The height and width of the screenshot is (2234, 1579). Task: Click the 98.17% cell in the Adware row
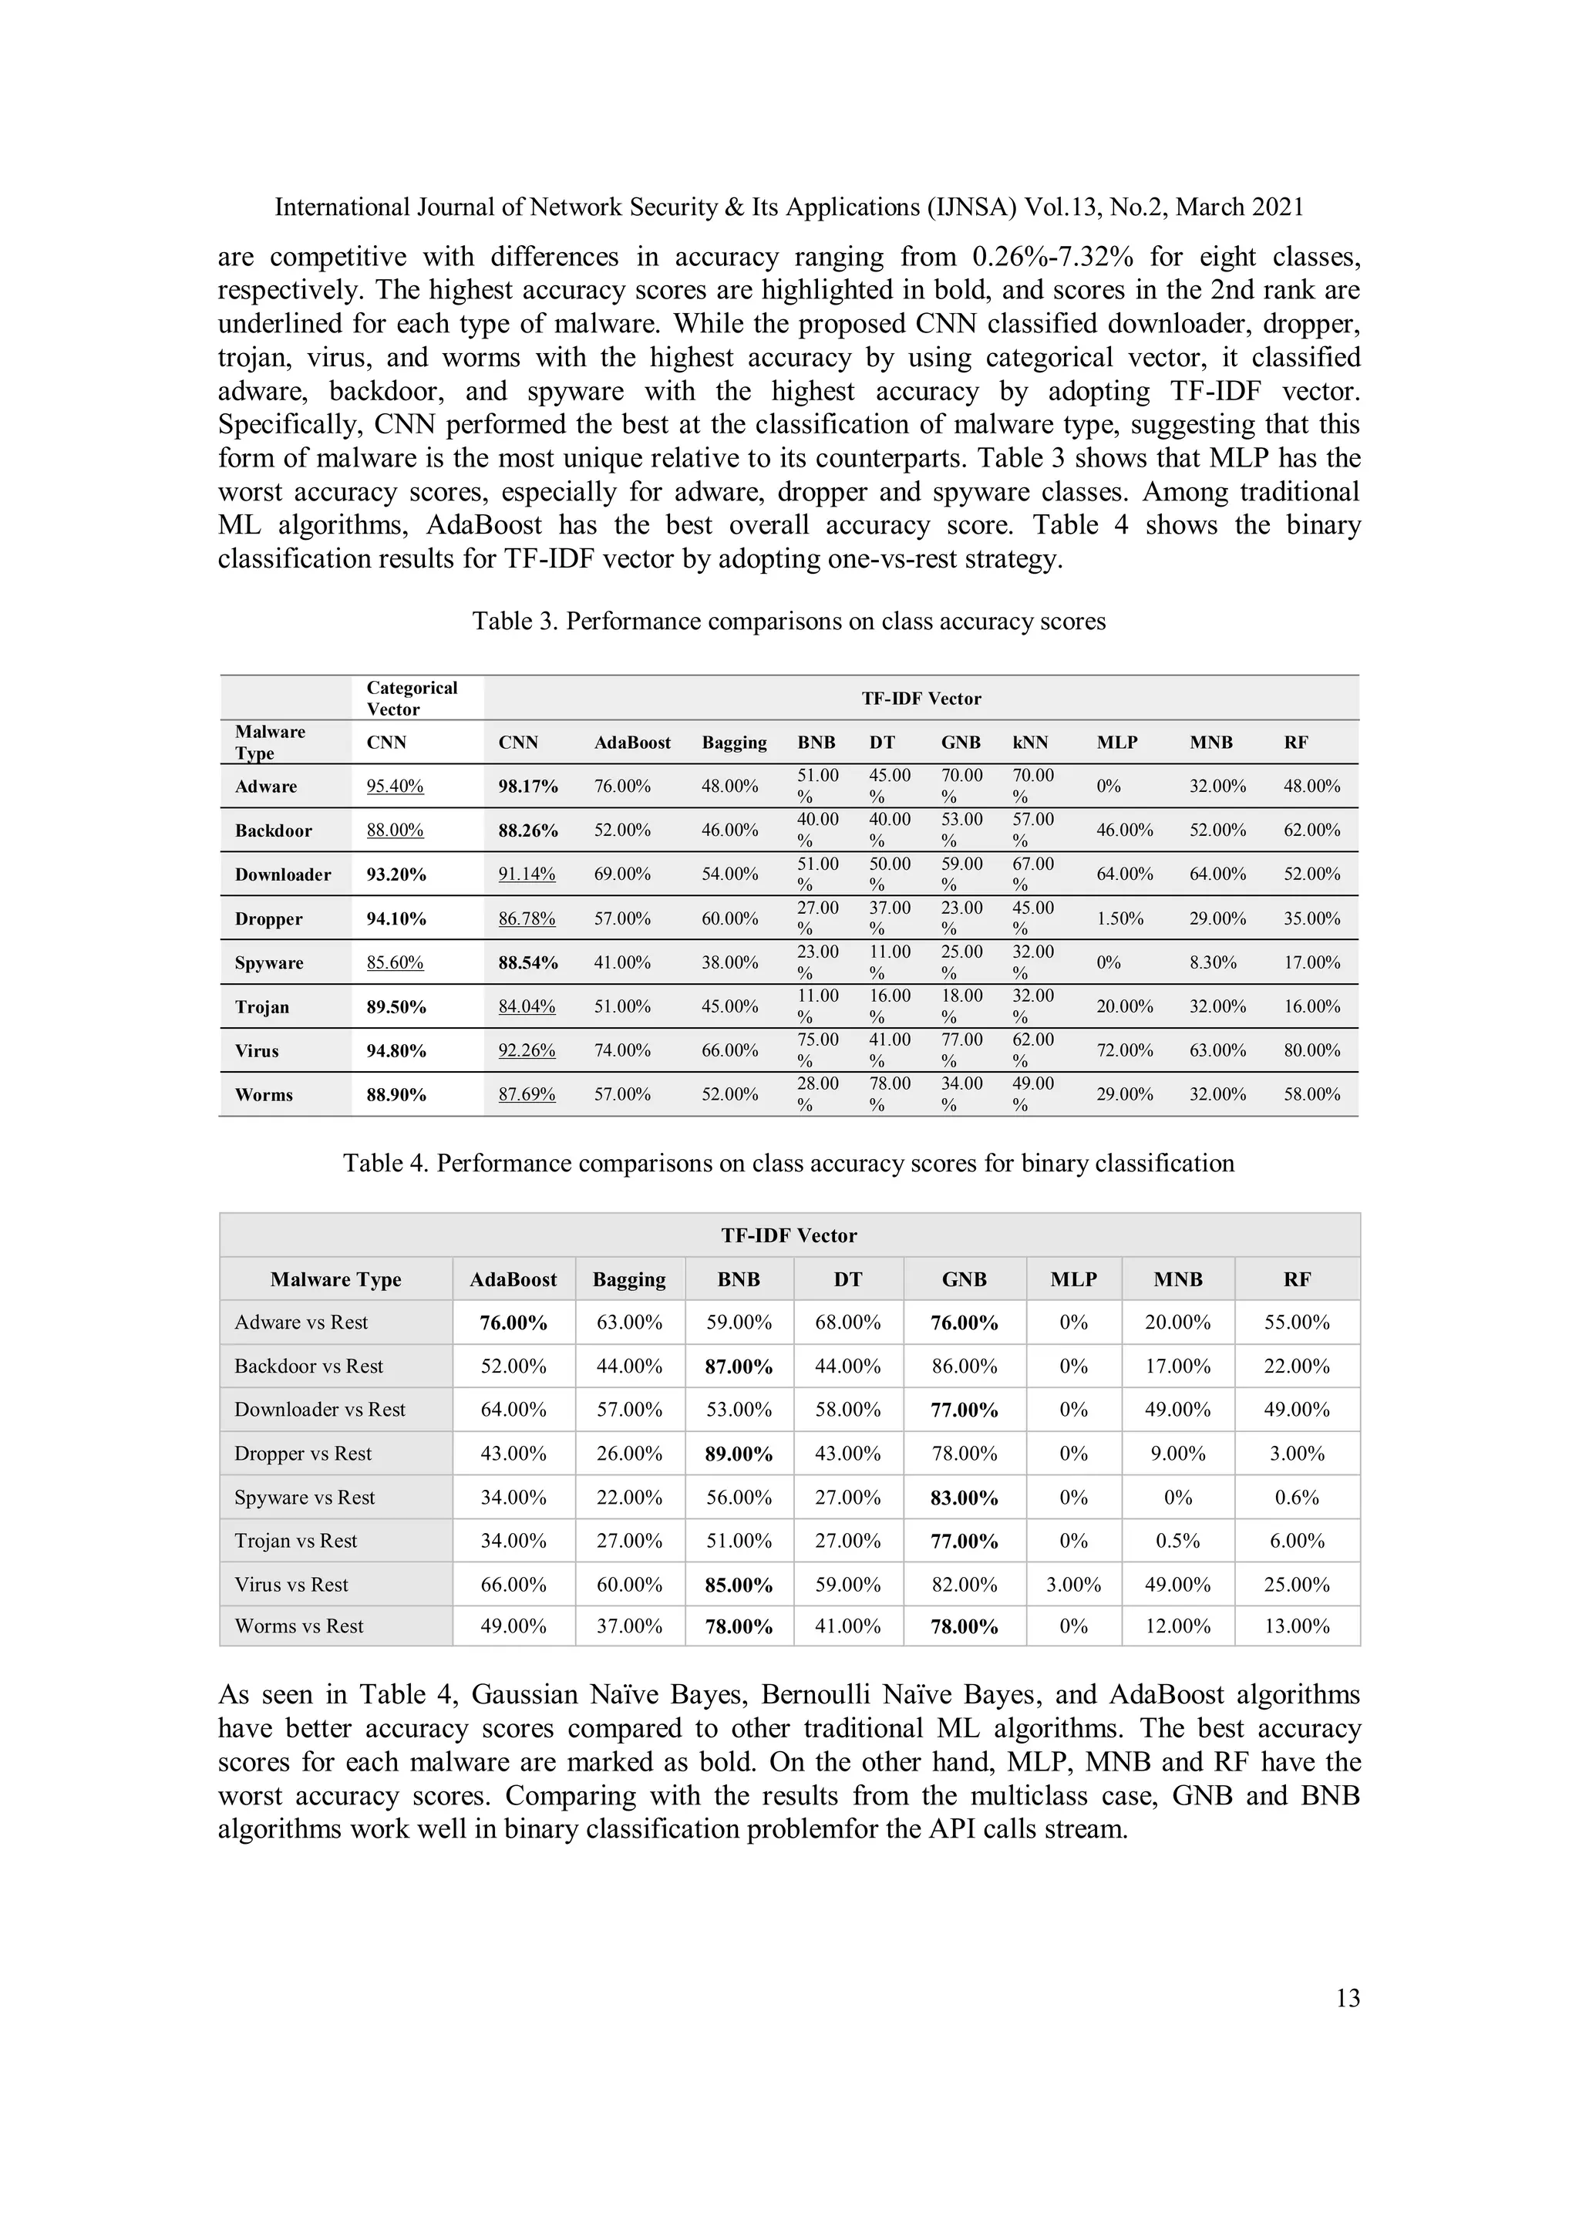point(527,787)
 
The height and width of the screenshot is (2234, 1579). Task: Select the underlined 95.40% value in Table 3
point(394,787)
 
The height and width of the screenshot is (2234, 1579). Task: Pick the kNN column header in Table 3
point(1029,743)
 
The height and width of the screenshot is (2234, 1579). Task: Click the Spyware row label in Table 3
point(268,963)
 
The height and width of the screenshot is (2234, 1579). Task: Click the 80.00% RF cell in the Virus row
point(1311,1051)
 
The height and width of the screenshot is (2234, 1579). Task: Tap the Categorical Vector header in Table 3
point(411,699)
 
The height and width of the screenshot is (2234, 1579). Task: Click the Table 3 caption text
point(788,622)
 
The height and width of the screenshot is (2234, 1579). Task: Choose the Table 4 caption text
point(788,1164)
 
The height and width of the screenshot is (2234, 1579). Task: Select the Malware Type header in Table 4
point(335,1279)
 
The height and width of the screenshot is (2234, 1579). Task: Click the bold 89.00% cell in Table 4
point(739,1454)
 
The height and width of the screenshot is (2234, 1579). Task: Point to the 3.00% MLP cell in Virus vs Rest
point(1073,1585)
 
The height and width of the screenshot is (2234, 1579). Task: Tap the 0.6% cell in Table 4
point(1296,1498)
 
